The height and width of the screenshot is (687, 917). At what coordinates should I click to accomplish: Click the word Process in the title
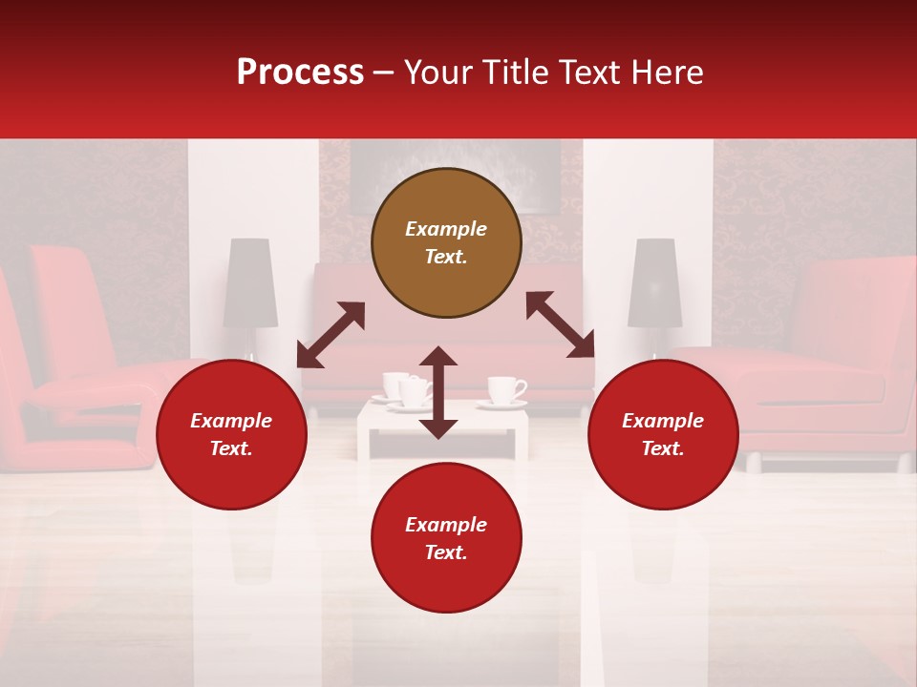click(300, 73)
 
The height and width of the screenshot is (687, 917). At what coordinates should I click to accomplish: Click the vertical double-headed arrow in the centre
click(438, 392)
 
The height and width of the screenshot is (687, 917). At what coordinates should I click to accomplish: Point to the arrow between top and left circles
click(331, 334)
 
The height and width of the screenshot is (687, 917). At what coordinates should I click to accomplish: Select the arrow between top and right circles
click(560, 324)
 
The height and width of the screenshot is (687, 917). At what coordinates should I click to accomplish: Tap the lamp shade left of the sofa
click(250, 282)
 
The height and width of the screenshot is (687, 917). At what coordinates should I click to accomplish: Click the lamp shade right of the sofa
click(654, 282)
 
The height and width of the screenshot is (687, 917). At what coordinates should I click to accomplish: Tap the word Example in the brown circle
click(446, 229)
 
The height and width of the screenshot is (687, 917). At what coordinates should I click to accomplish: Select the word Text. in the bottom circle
click(446, 552)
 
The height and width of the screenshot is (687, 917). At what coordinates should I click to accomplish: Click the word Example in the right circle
click(663, 421)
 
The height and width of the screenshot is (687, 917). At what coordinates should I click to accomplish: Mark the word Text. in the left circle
click(231, 448)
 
